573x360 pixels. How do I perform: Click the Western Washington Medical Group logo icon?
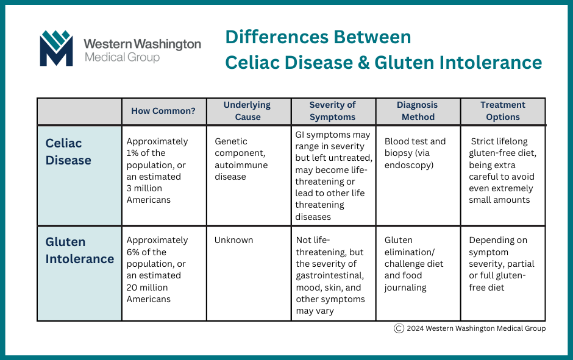point(56,48)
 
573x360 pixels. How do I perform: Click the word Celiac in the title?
point(252,62)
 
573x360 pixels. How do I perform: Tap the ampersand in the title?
point(363,62)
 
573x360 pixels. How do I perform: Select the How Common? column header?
point(163,111)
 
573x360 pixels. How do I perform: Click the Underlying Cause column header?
point(247,111)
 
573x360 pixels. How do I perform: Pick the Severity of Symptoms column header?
point(333,111)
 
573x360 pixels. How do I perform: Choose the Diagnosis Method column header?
point(418,111)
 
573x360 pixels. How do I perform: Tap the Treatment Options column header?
point(503,111)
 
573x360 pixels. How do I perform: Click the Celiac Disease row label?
point(68,152)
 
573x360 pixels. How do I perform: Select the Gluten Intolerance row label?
point(80,250)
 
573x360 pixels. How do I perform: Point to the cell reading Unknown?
point(233,240)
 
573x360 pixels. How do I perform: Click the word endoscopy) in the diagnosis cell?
point(409,166)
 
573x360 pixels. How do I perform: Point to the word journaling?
point(405,288)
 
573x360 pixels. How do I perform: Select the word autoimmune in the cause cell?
point(241,165)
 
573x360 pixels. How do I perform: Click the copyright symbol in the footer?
point(399,328)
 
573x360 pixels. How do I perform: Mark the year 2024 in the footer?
point(415,328)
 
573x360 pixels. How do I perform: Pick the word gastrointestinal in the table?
point(330,276)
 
